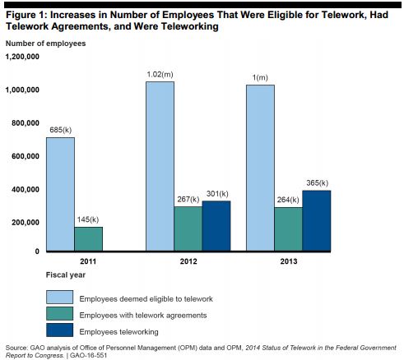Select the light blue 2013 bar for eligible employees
pyautogui.click(x=260, y=168)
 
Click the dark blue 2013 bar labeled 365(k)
pyautogui.click(x=314, y=220)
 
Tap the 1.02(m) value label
pyautogui.click(x=160, y=75)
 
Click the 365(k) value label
pyautogui.click(x=315, y=182)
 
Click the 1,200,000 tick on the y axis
pyautogui.click(x=22, y=57)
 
